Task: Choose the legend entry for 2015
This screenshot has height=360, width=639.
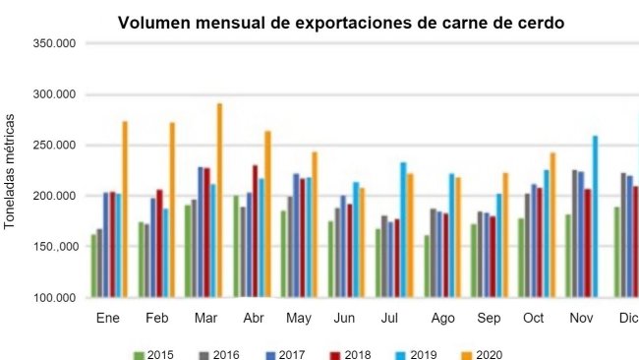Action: point(153,354)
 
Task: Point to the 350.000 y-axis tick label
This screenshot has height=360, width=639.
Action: point(54,43)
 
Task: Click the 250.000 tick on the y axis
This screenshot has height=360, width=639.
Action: point(54,146)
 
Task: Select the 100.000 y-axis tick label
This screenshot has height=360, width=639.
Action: point(54,297)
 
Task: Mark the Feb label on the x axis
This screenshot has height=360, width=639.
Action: point(157,319)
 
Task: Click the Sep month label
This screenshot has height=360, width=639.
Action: point(488,319)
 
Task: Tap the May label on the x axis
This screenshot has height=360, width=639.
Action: point(299,319)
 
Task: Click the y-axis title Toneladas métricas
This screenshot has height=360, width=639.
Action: point(11,171)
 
